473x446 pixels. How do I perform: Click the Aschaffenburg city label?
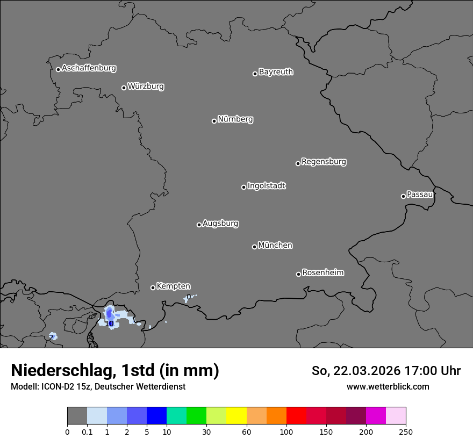[x=89, y=68]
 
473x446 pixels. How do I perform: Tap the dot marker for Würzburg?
[x=124, y=88]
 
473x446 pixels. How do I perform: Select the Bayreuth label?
[x=276, y=71]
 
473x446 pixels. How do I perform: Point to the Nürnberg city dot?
[x=214, y=121]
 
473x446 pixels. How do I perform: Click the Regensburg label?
[x=324, y=161]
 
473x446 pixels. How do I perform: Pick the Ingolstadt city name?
[x=266, y=185]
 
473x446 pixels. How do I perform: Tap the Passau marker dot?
[x=403, y=196]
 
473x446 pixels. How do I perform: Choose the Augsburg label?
[x=220, y=223]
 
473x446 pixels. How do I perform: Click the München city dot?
[x=254, y=247]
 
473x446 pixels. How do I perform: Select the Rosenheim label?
[x=322, y=272]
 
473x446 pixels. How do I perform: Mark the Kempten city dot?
[x=153, y=287]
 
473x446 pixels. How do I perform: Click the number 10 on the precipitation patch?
[x=109, y=323]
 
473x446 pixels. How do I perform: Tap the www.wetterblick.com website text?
[x=388, y=386]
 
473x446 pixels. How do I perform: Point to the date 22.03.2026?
[x=367, y=371]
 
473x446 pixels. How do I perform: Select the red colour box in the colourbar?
[x=296, y=416]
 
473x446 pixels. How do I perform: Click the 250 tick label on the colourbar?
[x=406, y=431]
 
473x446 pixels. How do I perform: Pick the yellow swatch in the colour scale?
[x=236, y=416]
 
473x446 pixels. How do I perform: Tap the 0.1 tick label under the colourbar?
[x=87, y=431]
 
